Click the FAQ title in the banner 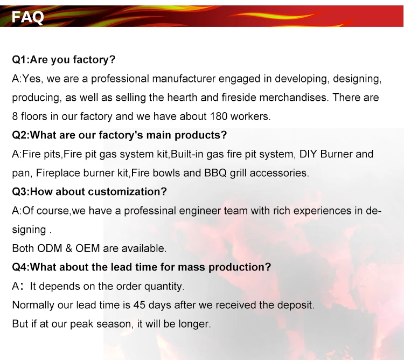(28, 17)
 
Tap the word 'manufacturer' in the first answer (184, 79)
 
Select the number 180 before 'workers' (219, 116)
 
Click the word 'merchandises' (294, 98)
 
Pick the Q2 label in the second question (19, 135)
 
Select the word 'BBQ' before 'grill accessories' (215, 173)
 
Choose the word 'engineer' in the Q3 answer (200, 211)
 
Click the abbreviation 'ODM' (50, 248)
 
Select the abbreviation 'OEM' (88, 248)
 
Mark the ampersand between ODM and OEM (69, 248)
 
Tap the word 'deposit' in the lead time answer (295, 306)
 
